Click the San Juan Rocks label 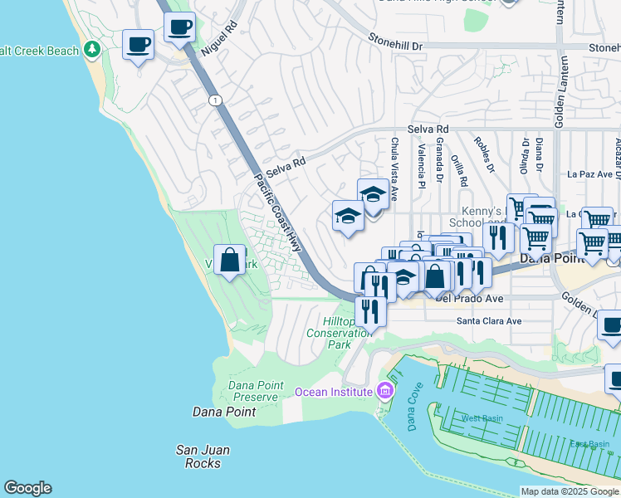point(203,456)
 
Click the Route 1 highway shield point(216,100)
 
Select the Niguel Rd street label point(218,38)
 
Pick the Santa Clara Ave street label point(489,320)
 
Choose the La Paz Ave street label point(594,174)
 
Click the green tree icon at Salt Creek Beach point(91,51)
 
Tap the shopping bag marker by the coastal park point(229,261)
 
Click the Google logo point(27,488)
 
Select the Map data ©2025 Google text point(569,491)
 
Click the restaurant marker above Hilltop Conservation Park point(370,312)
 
